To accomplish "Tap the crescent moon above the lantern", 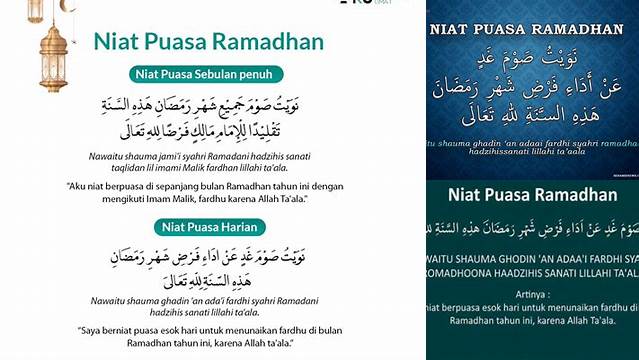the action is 68,6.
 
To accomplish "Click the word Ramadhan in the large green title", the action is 275,42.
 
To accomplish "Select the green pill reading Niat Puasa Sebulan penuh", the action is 205,73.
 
